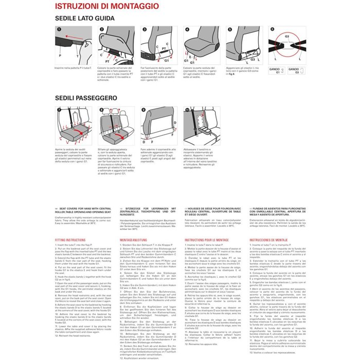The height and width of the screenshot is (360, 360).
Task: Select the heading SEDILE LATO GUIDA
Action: pos(85,18)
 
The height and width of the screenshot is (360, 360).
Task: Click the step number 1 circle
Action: pos(59,30)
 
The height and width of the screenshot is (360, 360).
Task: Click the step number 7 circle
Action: pos(59,109)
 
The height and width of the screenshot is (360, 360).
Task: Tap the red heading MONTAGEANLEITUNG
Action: pos(135,240)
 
